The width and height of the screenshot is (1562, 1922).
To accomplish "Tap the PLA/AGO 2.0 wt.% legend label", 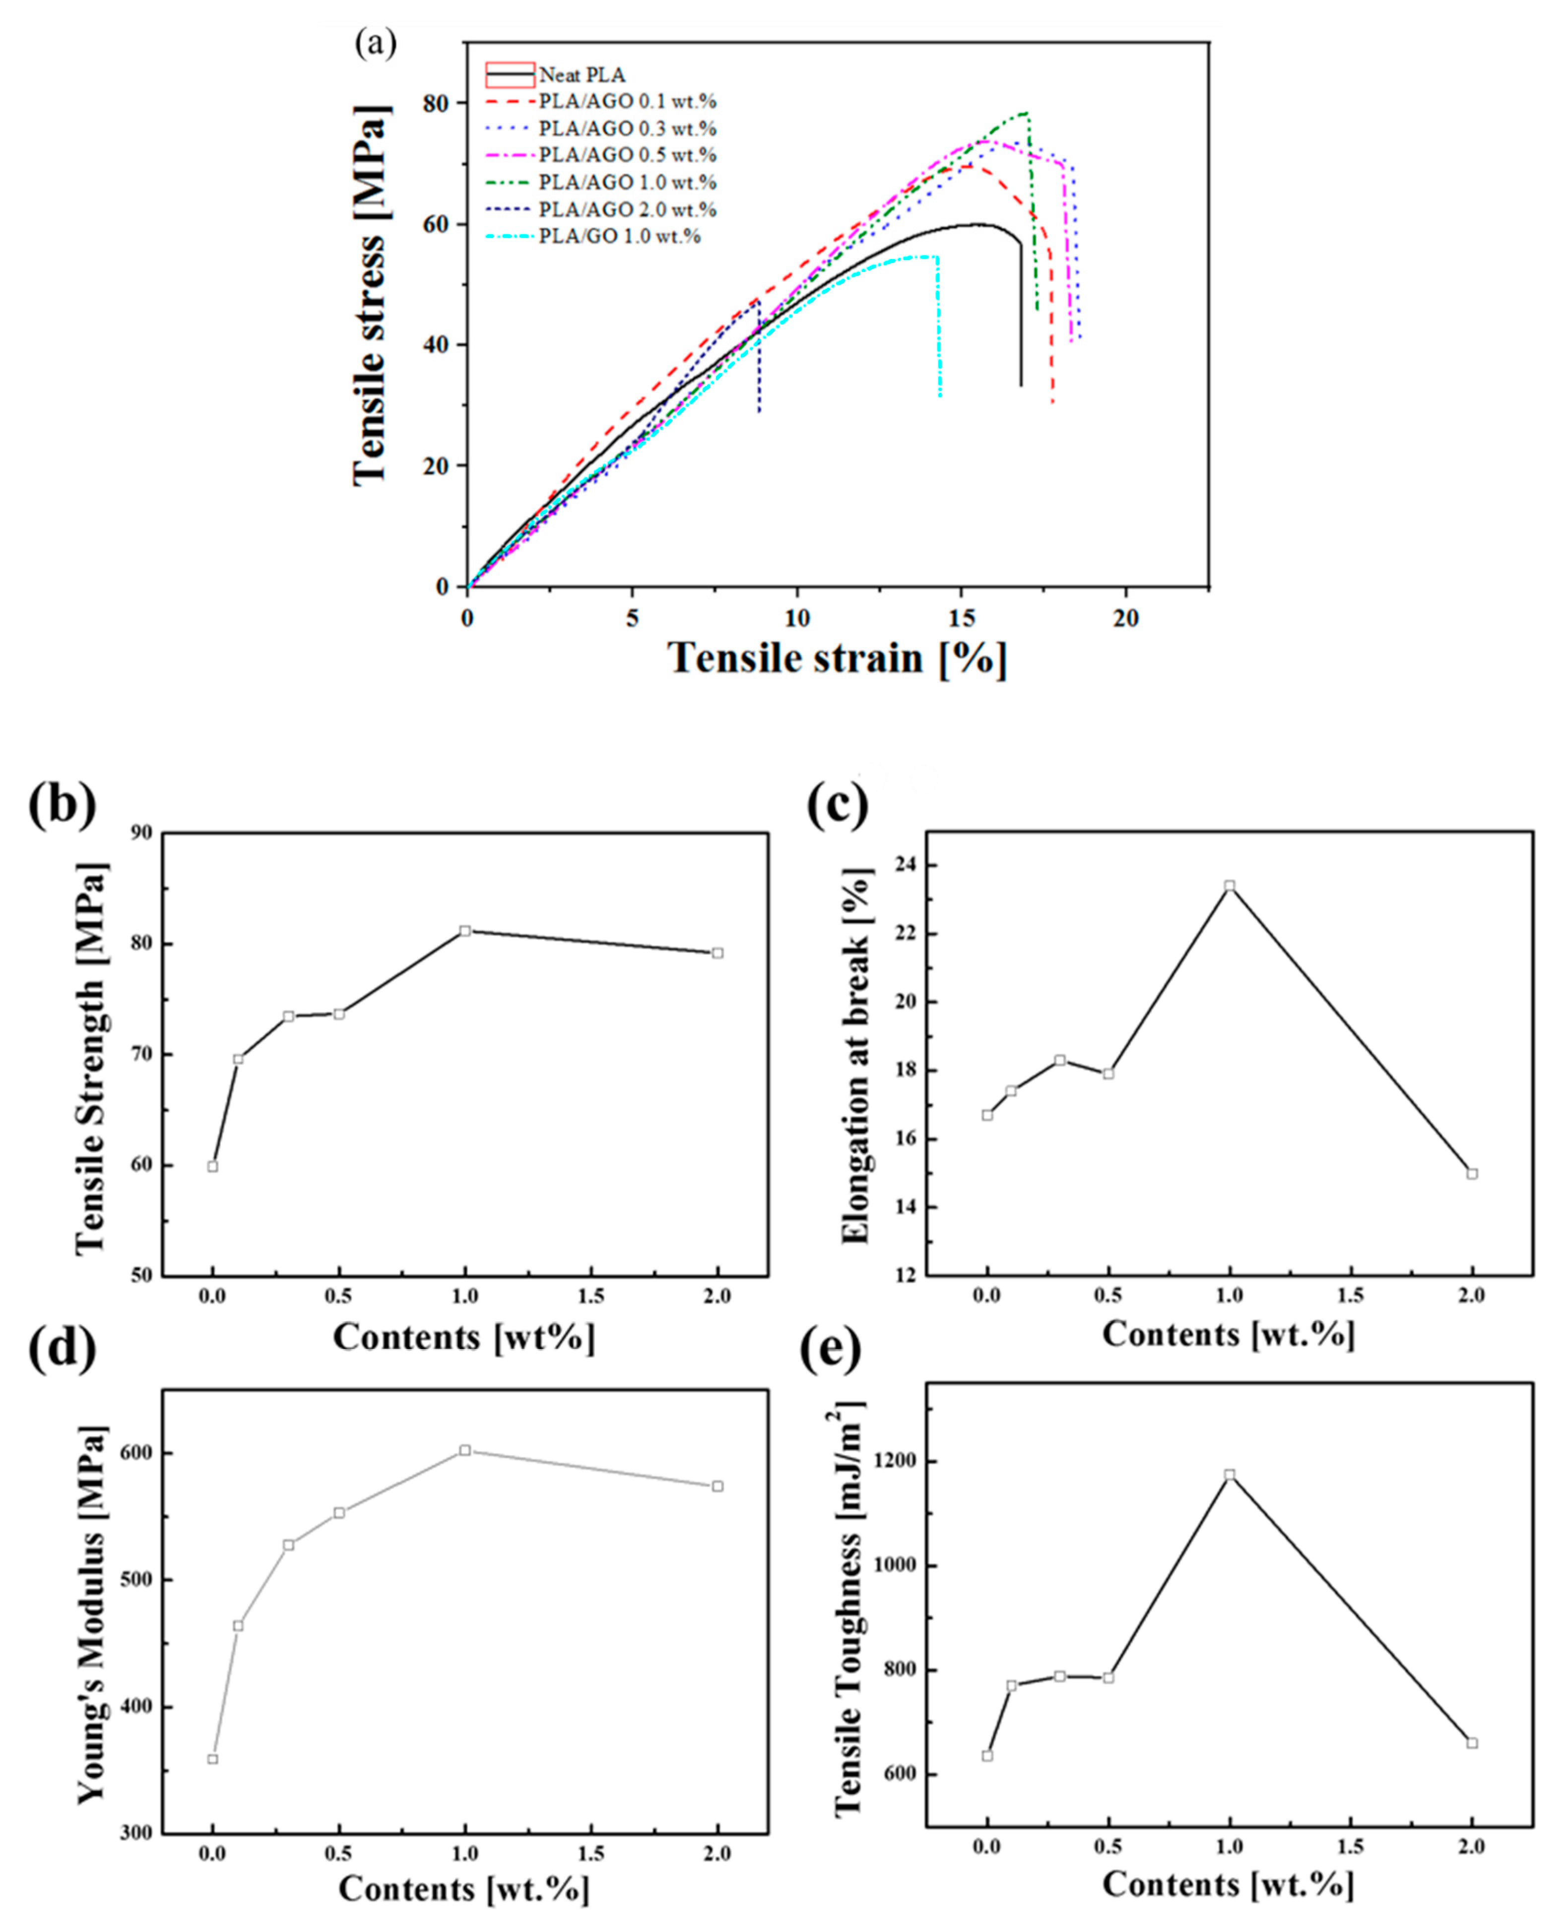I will (x=627, y=209).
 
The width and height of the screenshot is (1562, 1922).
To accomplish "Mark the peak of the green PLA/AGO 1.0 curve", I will (x=1024, y=113).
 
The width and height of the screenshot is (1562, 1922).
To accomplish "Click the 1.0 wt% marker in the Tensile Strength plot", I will (x=465, y=930).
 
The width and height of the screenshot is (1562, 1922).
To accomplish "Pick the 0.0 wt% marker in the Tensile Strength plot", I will (x=212, y=1166).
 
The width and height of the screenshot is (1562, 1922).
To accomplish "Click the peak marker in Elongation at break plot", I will (x=1229, y=885).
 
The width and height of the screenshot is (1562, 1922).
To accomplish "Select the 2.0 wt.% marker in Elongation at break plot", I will (x=1472, y=1173).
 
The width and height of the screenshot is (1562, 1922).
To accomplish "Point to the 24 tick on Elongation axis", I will (x=906, y=864).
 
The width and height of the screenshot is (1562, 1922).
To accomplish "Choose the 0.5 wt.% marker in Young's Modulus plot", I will (x=339, y=1513).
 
